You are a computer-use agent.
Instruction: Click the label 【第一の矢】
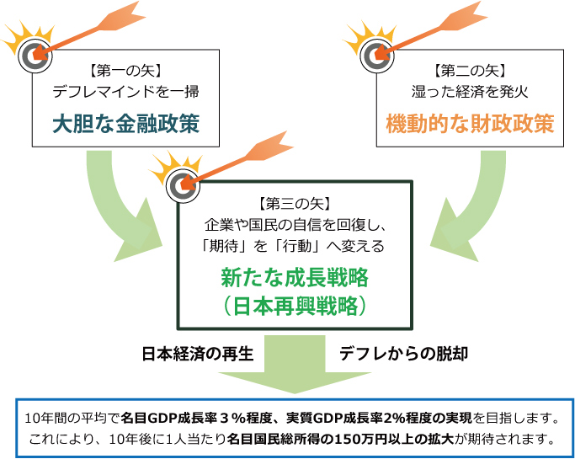(125, 71)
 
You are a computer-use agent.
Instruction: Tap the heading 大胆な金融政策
(125, 123)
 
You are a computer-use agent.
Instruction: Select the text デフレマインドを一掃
(125, 91)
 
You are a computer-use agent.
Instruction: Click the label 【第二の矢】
(470, 71)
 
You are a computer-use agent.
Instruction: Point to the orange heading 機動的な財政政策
(470, 123)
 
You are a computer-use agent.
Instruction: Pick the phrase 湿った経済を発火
(470, 91)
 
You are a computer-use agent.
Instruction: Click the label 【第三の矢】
(295, 203)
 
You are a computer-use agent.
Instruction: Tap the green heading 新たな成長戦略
(295, 278)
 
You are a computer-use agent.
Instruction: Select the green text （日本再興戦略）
(295, 306)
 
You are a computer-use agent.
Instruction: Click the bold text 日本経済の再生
(198, 354)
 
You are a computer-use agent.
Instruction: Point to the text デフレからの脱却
(403, 354)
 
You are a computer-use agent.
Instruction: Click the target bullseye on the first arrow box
(35, 56)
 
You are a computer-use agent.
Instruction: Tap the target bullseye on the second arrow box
(377, 56)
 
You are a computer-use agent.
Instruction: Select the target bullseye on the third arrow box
(183, 185)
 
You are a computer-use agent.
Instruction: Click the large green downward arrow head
(295, 382)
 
